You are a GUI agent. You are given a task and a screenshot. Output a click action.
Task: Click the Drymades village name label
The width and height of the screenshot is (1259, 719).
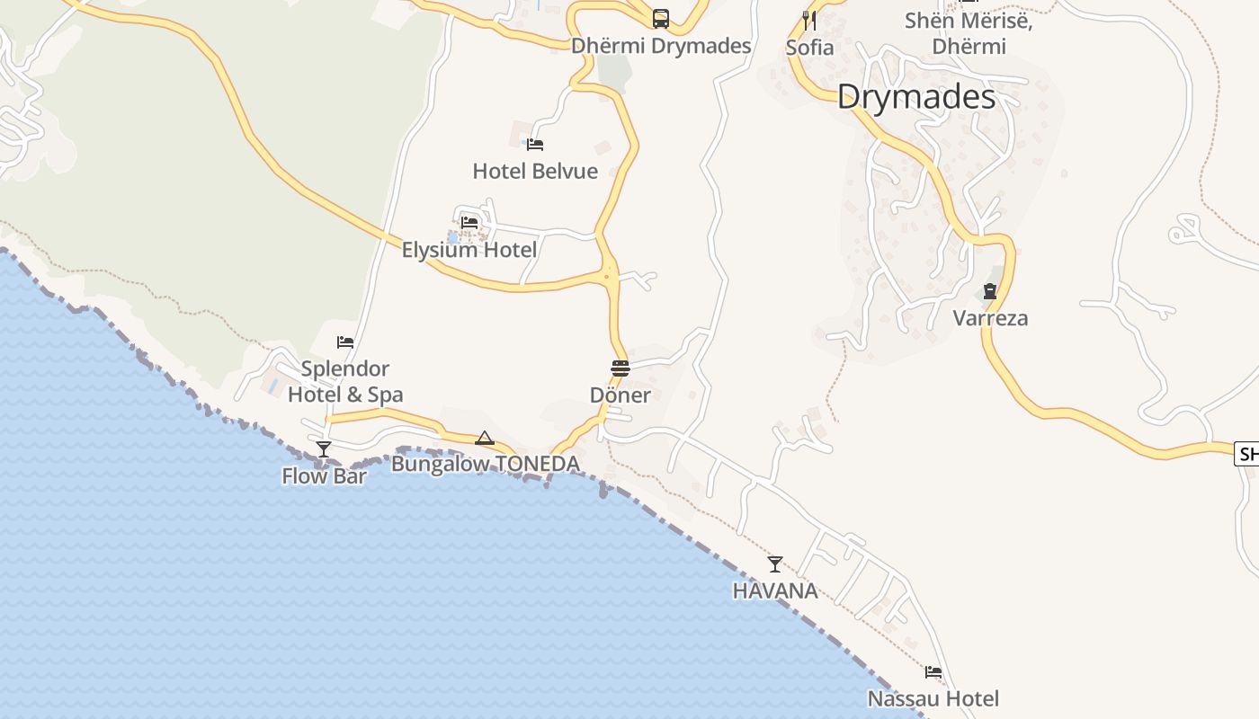915,97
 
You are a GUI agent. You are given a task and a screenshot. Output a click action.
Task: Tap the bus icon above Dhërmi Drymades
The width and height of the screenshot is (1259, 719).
661,18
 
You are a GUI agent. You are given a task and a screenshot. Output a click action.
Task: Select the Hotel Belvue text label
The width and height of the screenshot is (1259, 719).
535,171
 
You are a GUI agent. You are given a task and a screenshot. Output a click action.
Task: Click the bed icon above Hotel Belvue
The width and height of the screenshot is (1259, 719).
535,144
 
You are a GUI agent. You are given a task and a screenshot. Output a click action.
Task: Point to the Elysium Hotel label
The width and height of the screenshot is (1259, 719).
469,250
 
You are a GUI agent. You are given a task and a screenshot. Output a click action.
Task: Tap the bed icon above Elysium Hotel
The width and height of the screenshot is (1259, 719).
469,222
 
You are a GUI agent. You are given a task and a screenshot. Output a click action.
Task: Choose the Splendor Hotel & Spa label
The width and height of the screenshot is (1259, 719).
345,381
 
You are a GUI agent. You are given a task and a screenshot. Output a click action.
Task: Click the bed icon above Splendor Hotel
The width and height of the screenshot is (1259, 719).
345,342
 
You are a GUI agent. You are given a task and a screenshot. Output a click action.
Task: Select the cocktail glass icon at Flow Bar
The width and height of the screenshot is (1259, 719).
324,448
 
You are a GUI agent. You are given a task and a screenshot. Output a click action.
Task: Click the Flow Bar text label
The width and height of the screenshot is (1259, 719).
324,475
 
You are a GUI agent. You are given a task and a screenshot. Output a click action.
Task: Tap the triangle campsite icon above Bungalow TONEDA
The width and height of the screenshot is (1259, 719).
485,438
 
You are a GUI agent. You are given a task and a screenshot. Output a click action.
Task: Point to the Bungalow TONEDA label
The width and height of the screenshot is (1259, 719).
485,464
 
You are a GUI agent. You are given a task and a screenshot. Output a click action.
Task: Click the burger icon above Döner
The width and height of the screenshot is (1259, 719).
620,368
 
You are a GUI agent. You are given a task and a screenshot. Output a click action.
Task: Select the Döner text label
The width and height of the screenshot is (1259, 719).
620,395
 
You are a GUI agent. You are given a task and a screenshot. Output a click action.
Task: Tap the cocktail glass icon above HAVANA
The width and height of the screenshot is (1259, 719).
774,564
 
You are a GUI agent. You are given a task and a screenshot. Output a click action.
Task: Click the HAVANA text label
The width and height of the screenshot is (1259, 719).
774,590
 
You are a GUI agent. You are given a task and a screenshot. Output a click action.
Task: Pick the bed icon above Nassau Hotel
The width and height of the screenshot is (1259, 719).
933,672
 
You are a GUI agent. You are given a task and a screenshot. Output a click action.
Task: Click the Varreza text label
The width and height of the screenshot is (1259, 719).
990,318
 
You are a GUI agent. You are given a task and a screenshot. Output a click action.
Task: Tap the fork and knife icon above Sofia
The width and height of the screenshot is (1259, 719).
809,20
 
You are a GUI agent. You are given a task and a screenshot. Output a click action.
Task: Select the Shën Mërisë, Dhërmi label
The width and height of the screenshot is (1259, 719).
969,33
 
